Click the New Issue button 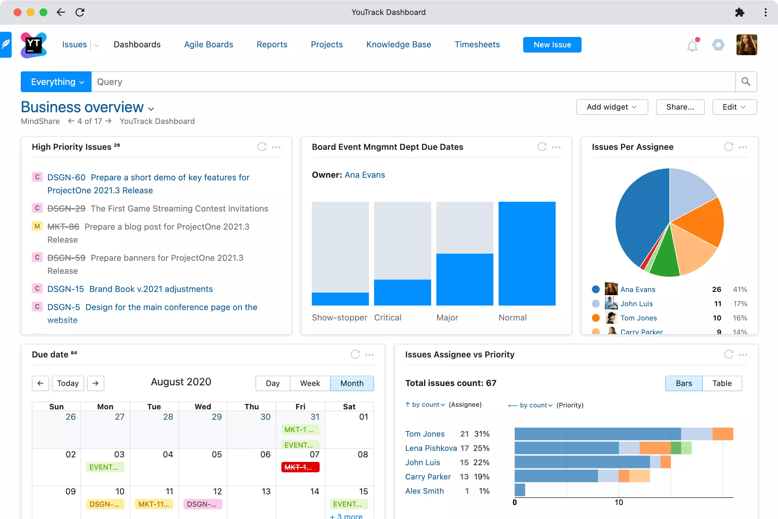point(552,45)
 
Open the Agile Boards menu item point(208,45)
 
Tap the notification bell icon point(692,45)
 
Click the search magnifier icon point(746,82)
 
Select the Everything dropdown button point(56,82)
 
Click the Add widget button point(612,107)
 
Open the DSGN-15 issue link point(65,289)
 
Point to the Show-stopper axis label point(339,318)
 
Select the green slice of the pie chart point(664,260)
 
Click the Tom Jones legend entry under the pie point(638,318)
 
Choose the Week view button point(310,383)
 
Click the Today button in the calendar point(68,383)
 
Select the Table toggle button point(722,383)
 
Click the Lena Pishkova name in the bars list point(431,448)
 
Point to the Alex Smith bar point(520,490)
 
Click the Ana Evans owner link point(364,175)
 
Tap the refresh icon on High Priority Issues point(262,147)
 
